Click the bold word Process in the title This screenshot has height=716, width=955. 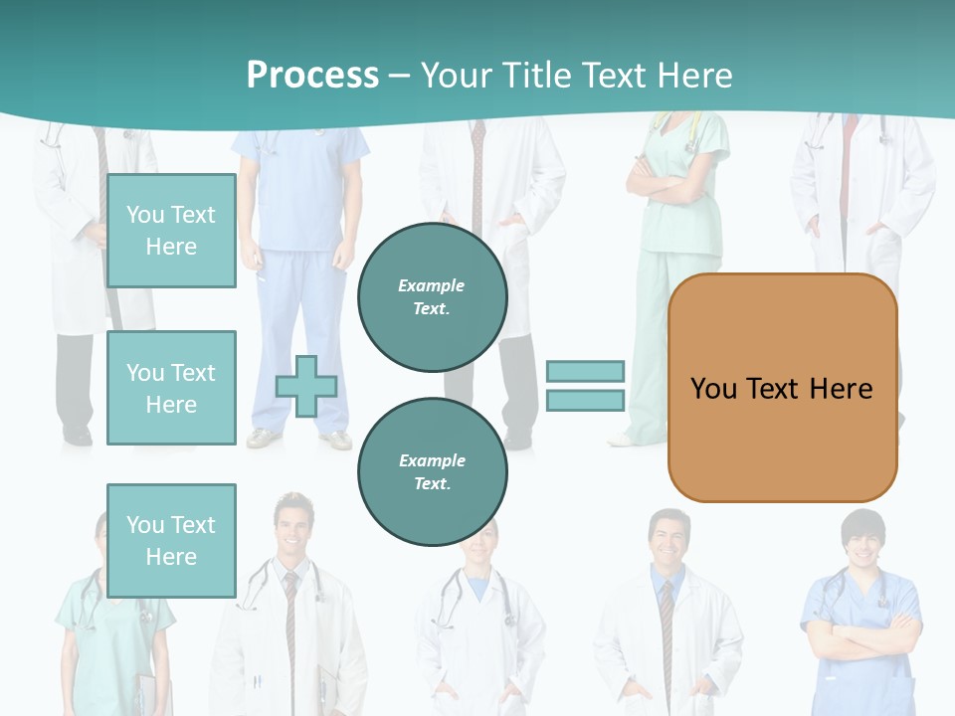[x=312, y=76]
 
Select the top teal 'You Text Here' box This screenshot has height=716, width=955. [x=171, y=231]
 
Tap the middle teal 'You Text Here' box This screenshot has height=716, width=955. [x=171, y=388]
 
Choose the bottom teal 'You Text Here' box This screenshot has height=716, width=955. [x=171, y=540]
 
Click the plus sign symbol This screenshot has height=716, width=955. [x=305, y=387]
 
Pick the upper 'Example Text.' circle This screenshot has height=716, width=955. [x=432, y=297]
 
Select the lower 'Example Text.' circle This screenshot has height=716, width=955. [x=432, y=471]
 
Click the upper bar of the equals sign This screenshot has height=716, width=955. [x=585, y=371]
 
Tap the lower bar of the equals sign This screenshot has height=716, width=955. [x=585, y=400]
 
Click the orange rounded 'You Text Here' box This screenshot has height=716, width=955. [x=782, y=388]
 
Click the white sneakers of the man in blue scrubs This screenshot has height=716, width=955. [x=298, y=439]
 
